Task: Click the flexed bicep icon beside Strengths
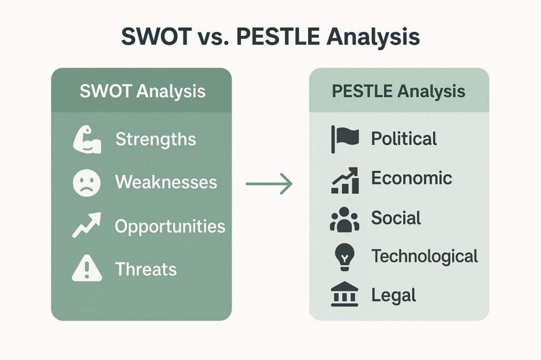87,139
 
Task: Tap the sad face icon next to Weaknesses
87,183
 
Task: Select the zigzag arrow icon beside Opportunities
87,225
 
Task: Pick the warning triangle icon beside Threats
87,268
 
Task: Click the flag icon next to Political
344,139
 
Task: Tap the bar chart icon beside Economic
345,181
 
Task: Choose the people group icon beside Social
344,219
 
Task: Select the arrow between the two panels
269,184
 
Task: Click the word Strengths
156,140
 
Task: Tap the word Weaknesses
166,182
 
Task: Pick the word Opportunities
170,227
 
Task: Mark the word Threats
146,269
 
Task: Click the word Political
404,139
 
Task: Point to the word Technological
425,257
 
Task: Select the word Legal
394,296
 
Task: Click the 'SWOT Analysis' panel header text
143,92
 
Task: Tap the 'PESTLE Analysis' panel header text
398,92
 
